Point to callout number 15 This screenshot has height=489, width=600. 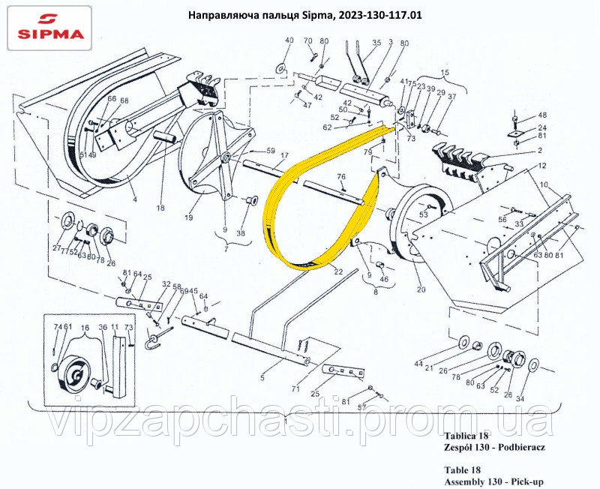(x=444, y=73)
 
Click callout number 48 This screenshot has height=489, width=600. (x=543, y=115)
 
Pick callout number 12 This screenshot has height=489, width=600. (x=541, y=165)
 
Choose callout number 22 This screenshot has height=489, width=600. (x=339, y=271)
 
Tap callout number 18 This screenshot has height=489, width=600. (x=160, y=208)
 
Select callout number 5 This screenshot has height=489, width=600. (x=262, y=378)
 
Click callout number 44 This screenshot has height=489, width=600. (x=418, y=363)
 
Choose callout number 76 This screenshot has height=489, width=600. (x=341, y=177)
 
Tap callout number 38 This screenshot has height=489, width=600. (x=240, y=233)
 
